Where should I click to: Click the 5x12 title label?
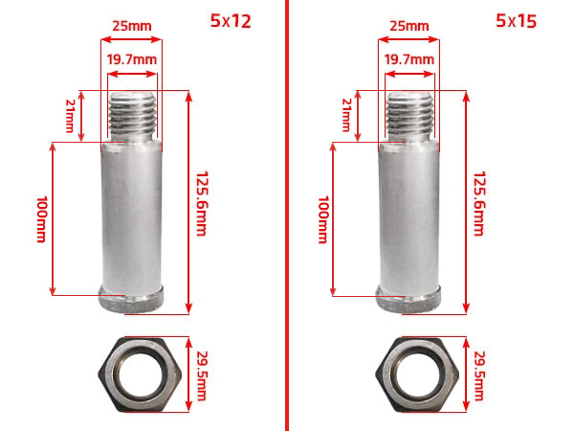[231, 21]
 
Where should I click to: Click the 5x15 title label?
[517, 21]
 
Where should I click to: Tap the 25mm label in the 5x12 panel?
[132, 26]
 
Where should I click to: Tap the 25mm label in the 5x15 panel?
[409, 26]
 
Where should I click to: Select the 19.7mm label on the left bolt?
[132, 59]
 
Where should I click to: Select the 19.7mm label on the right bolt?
[409, 59]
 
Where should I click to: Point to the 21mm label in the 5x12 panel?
[70, 116]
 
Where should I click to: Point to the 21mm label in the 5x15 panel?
[346, 115]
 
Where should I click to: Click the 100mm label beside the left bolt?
[42, 219]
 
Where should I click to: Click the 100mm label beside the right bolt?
[323, 219]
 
